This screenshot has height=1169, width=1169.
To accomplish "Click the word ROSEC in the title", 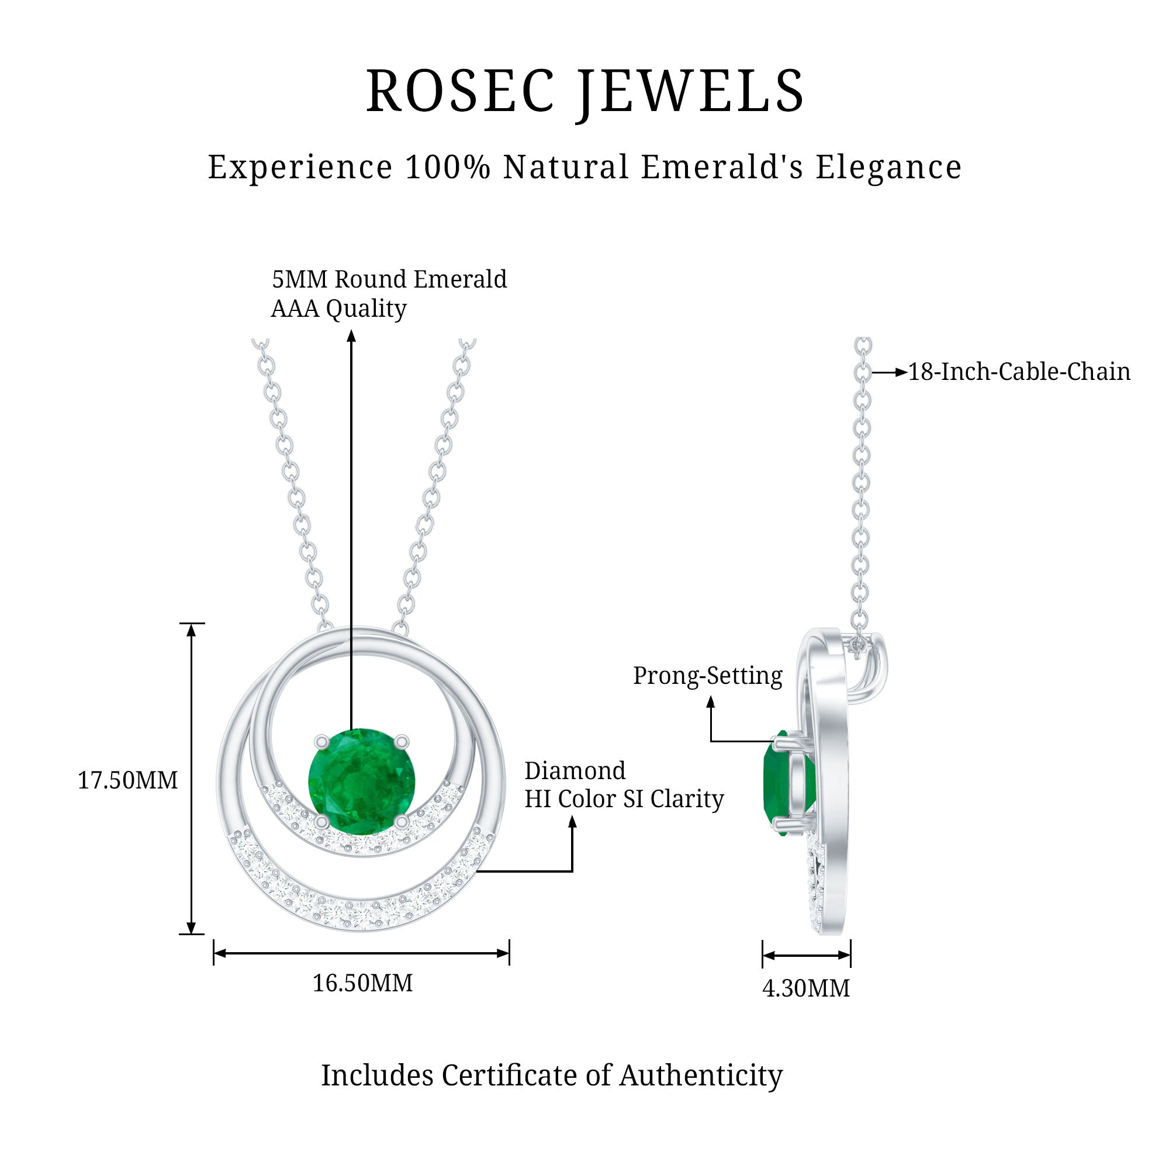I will [460, 92].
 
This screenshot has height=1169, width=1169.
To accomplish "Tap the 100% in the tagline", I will [447, 167].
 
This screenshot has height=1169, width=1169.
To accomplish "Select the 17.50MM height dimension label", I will [127, 780].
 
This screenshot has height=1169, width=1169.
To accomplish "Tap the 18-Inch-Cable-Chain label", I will [1019, 372].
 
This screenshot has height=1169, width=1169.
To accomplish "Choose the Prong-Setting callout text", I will [707, 675].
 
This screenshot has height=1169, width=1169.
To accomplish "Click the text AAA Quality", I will [339, 309].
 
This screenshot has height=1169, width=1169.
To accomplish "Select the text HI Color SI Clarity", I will [624, 798].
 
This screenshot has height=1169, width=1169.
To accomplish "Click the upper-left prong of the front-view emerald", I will [321, 741].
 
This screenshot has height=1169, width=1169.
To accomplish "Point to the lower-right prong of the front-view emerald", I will [402, 821].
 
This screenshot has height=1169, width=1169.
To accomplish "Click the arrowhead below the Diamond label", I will [572, 822].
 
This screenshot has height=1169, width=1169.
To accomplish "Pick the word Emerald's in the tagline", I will [722, 167].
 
